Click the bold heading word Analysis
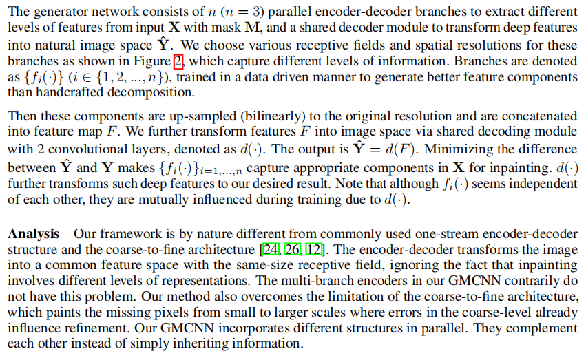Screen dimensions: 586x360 pyautogui.click(x=34, y=233)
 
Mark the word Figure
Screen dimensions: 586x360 pyautogui.click(x=151, y=61)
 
